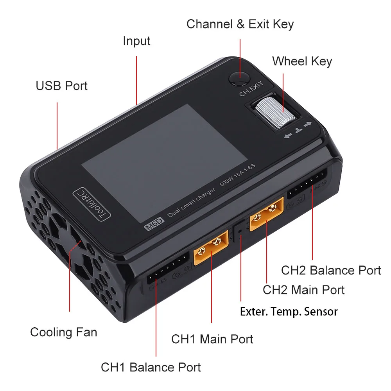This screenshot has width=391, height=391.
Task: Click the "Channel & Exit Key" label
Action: click(240, 24)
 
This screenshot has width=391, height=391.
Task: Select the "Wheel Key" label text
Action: click(302, 61)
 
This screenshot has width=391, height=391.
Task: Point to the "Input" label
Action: click(136, 41)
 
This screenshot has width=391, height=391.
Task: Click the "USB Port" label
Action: click(61, 86)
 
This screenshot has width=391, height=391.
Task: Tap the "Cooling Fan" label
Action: click(63, 332)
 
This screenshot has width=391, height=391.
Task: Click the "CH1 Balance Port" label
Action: click(151, 368)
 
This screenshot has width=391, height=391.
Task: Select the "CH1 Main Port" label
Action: click(212, 339)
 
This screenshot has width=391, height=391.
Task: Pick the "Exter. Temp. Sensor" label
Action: click(289, 312)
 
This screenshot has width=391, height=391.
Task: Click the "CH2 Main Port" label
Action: click(303, 290)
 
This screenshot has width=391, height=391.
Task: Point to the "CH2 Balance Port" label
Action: click(331, 270)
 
